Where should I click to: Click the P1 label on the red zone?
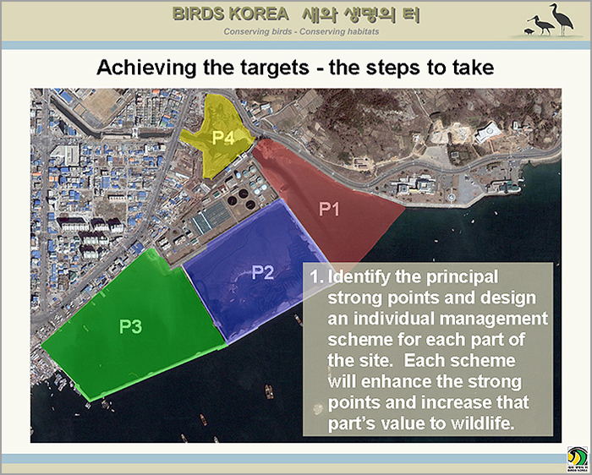329,209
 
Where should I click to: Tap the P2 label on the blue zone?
263,272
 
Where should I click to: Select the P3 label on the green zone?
130,327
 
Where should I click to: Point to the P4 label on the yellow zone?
223,138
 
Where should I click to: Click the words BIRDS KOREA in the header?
231,14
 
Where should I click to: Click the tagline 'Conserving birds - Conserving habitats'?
301,31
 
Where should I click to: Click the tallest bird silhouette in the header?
562,19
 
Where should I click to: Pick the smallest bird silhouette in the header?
529,31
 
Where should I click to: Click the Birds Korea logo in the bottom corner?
578,459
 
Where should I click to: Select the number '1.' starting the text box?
316,277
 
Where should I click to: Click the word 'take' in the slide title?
474,68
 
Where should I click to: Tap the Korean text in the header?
361,14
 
